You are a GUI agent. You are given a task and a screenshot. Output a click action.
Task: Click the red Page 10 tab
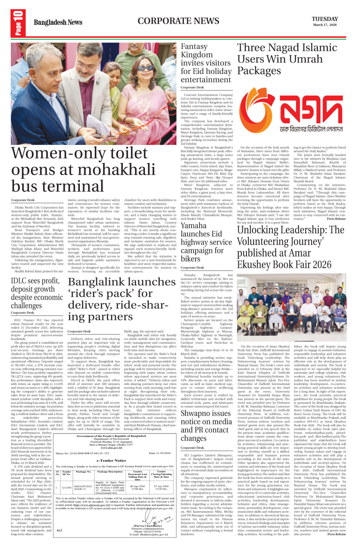tap(18, 22)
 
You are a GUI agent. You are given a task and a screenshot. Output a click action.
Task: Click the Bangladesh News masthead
tap(58, 22)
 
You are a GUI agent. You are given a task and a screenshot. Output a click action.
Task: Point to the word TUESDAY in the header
tap(325, 19)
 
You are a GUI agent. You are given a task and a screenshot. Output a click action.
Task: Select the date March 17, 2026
tap(325, 25)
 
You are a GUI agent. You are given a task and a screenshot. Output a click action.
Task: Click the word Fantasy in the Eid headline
tap(194, 47)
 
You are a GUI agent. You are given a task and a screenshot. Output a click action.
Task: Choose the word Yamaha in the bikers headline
tap(193, 226)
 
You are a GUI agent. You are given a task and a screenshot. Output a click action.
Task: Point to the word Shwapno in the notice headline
tap(196, 414)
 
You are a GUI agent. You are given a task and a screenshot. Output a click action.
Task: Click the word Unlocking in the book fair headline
tap(262, 230)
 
